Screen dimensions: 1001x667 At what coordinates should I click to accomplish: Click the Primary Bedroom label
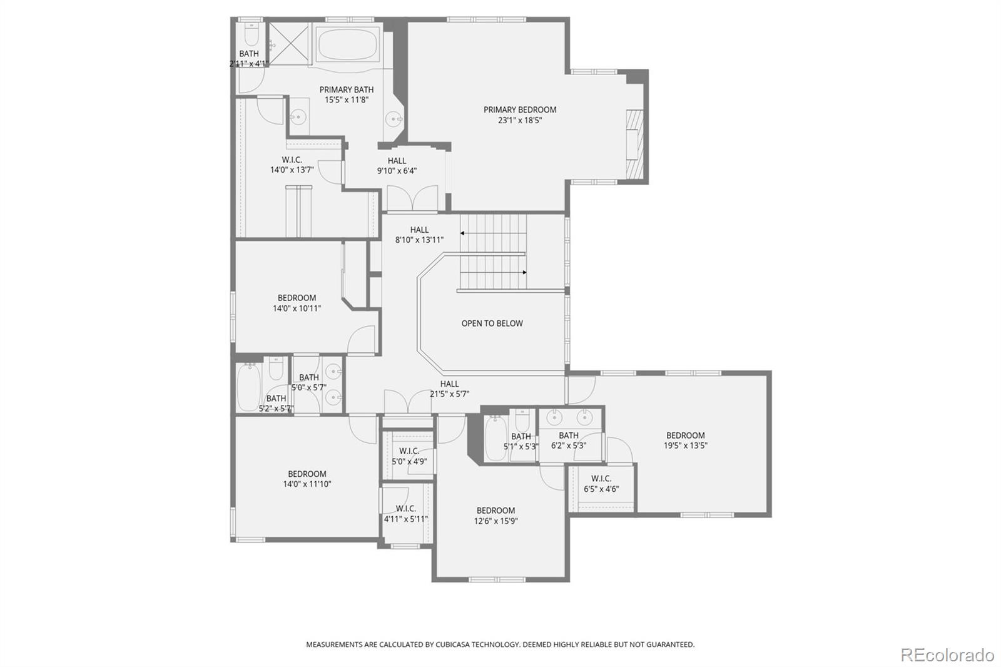pyautogui.click(x=520, y=109)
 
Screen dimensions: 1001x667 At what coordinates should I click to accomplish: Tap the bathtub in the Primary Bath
pyautogui.click(x=347, y=46)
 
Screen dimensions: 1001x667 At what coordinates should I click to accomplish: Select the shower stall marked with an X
pyautogui.click(x=288, y=44)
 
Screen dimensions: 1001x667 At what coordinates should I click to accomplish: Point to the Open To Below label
pyautogui.click(x=492, y=323)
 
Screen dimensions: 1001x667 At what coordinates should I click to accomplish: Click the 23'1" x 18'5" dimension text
pyautogui.click(x=520, y=120)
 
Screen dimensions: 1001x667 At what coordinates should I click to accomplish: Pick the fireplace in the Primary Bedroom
pyautogui.click(x=634, y=145)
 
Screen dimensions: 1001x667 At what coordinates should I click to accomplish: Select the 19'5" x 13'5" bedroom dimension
pyautogui.click(x=686, y=446)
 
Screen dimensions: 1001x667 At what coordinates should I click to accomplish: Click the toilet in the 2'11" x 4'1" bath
pyautogui.click(x=252, y=34)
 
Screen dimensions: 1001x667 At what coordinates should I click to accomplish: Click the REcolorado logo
pyautogui.click(x=947, y=655)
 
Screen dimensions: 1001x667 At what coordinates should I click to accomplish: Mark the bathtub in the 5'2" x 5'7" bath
pyautogui.click(x=249, y=387)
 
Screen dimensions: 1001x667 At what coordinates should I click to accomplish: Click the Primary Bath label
pyautogui.click(x=347, y=89)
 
